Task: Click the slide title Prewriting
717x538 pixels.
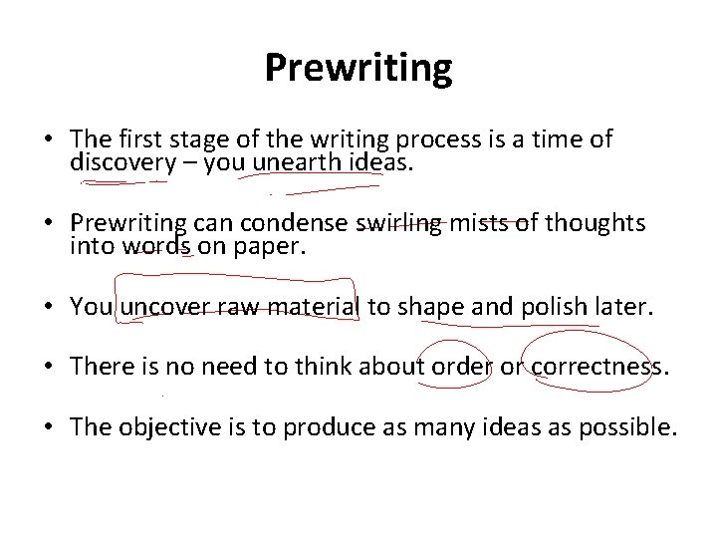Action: tap(358, 68)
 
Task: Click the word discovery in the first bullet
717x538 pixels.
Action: tap(119, 162)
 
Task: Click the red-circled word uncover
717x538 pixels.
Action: tap(162, 308)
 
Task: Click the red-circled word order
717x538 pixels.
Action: tap(460, 369)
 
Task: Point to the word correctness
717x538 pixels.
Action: tap(597, 369)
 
